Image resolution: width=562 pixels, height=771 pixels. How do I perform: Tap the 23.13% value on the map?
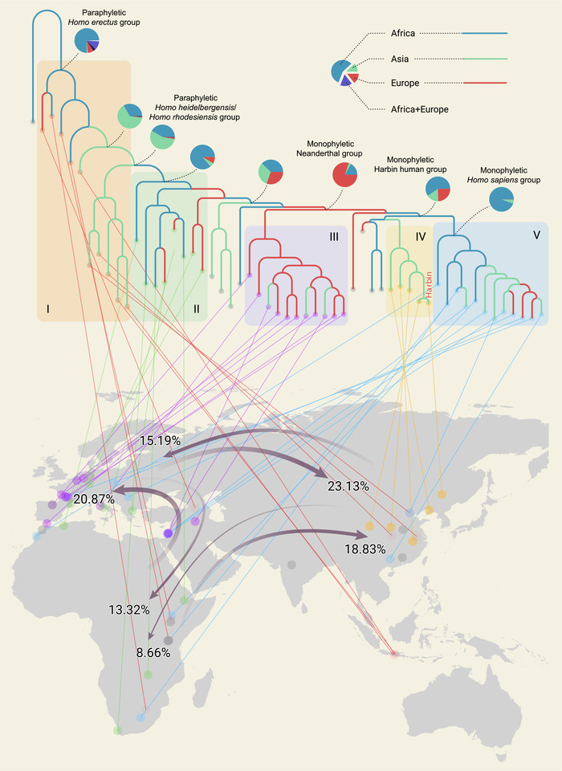click(348, 486)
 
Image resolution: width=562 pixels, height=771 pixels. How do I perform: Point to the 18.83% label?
click(365, 549)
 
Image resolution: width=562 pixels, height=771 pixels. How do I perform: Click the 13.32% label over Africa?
click(129, 610)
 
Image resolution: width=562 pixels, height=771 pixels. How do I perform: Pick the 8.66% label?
click(153, 654)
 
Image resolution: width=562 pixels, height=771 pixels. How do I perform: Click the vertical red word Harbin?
click(430, 284)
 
